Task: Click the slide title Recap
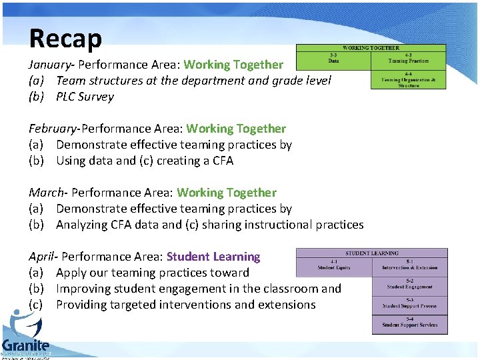point(65,38)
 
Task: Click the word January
point(49,65)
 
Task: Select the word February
point(53,129)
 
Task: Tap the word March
point(47,193)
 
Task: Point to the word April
point(42,257)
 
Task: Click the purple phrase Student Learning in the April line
point(213,257)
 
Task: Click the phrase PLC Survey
point(85,97)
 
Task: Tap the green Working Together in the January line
point(233,65)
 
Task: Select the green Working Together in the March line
point(227,193)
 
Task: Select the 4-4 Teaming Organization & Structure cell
point(409,80)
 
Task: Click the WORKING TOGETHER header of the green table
point(371,48)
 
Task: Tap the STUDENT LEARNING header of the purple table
point(371,253)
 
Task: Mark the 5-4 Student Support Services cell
point(409,325)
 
